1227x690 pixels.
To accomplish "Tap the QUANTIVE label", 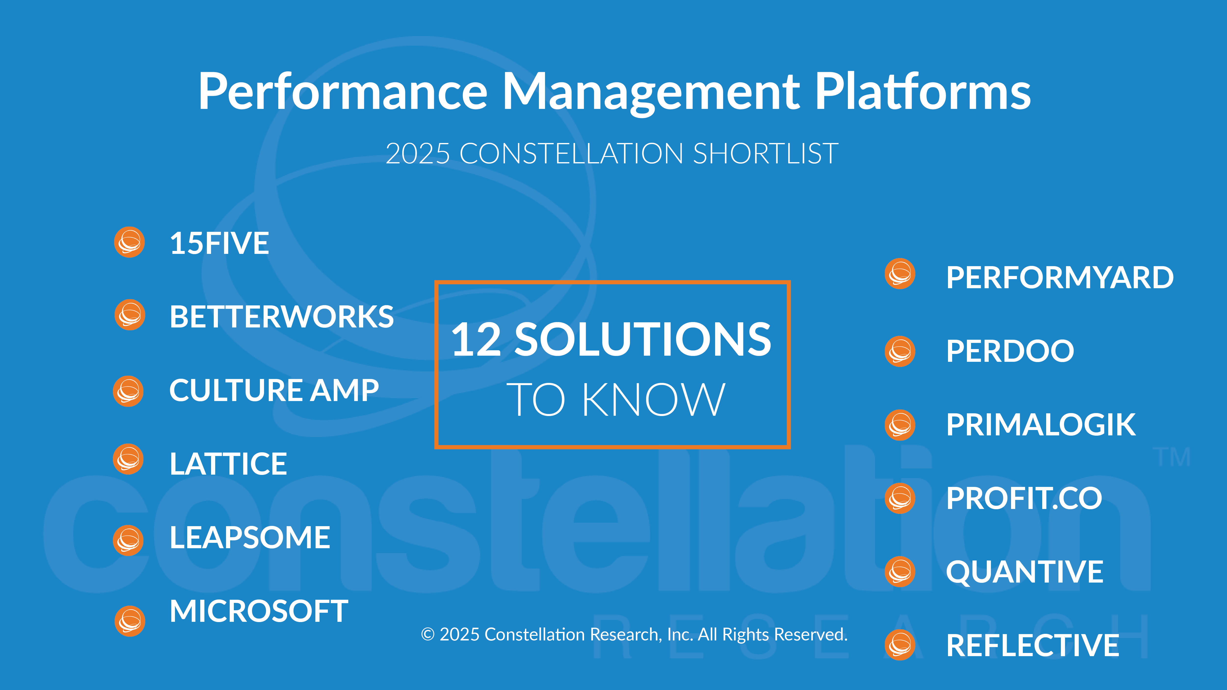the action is tap(1025, 572).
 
